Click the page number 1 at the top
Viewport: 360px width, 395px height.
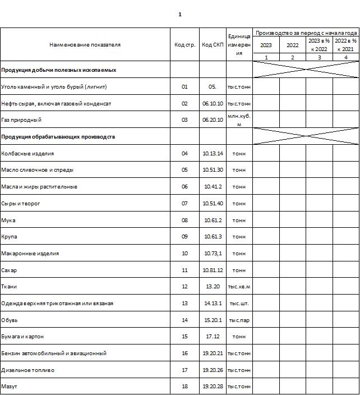[179, 15]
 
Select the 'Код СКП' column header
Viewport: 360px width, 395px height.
[213, 44]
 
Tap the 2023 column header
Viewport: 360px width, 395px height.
[266, 45]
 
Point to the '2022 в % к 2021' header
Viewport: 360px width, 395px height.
[345, 45]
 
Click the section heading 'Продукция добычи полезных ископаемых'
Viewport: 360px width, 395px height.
[59, 70]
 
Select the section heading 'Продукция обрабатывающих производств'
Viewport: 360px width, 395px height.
[58, 136]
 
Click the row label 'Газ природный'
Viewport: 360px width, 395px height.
[21, 120]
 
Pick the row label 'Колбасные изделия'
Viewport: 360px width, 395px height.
[27, 153]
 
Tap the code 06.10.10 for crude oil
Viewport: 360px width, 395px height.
[213, 103]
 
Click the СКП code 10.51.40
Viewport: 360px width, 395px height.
[213, 203]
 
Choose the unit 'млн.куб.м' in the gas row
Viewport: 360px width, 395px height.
[239, 120]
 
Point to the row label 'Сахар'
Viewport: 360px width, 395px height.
[10, 270]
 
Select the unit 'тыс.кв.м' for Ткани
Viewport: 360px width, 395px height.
[239, 287]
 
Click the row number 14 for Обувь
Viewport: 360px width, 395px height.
[185, 320]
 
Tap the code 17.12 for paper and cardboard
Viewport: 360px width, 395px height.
[213, 337]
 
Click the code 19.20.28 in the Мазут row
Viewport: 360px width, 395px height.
[213, 387]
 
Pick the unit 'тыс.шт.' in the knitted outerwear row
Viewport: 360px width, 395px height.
[239, 303]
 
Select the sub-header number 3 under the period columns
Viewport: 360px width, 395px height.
[319, 57]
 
